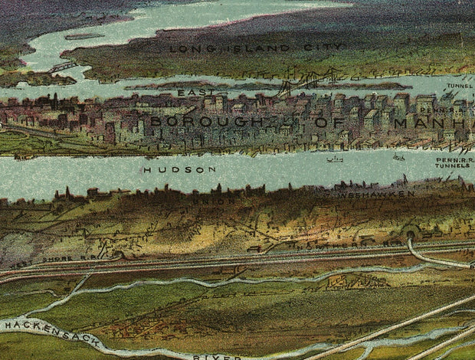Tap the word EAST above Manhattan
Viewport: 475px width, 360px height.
click(x=192, y=93)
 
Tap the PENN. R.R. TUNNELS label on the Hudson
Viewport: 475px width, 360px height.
click(x=454, y=162)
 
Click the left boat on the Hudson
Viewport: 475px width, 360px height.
click(x=334, y=159)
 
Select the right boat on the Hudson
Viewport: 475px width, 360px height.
click(x=398, y=157)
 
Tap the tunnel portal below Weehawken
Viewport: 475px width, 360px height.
click(x=414, y=233)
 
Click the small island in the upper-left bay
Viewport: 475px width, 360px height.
click(x=84, y=35)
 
